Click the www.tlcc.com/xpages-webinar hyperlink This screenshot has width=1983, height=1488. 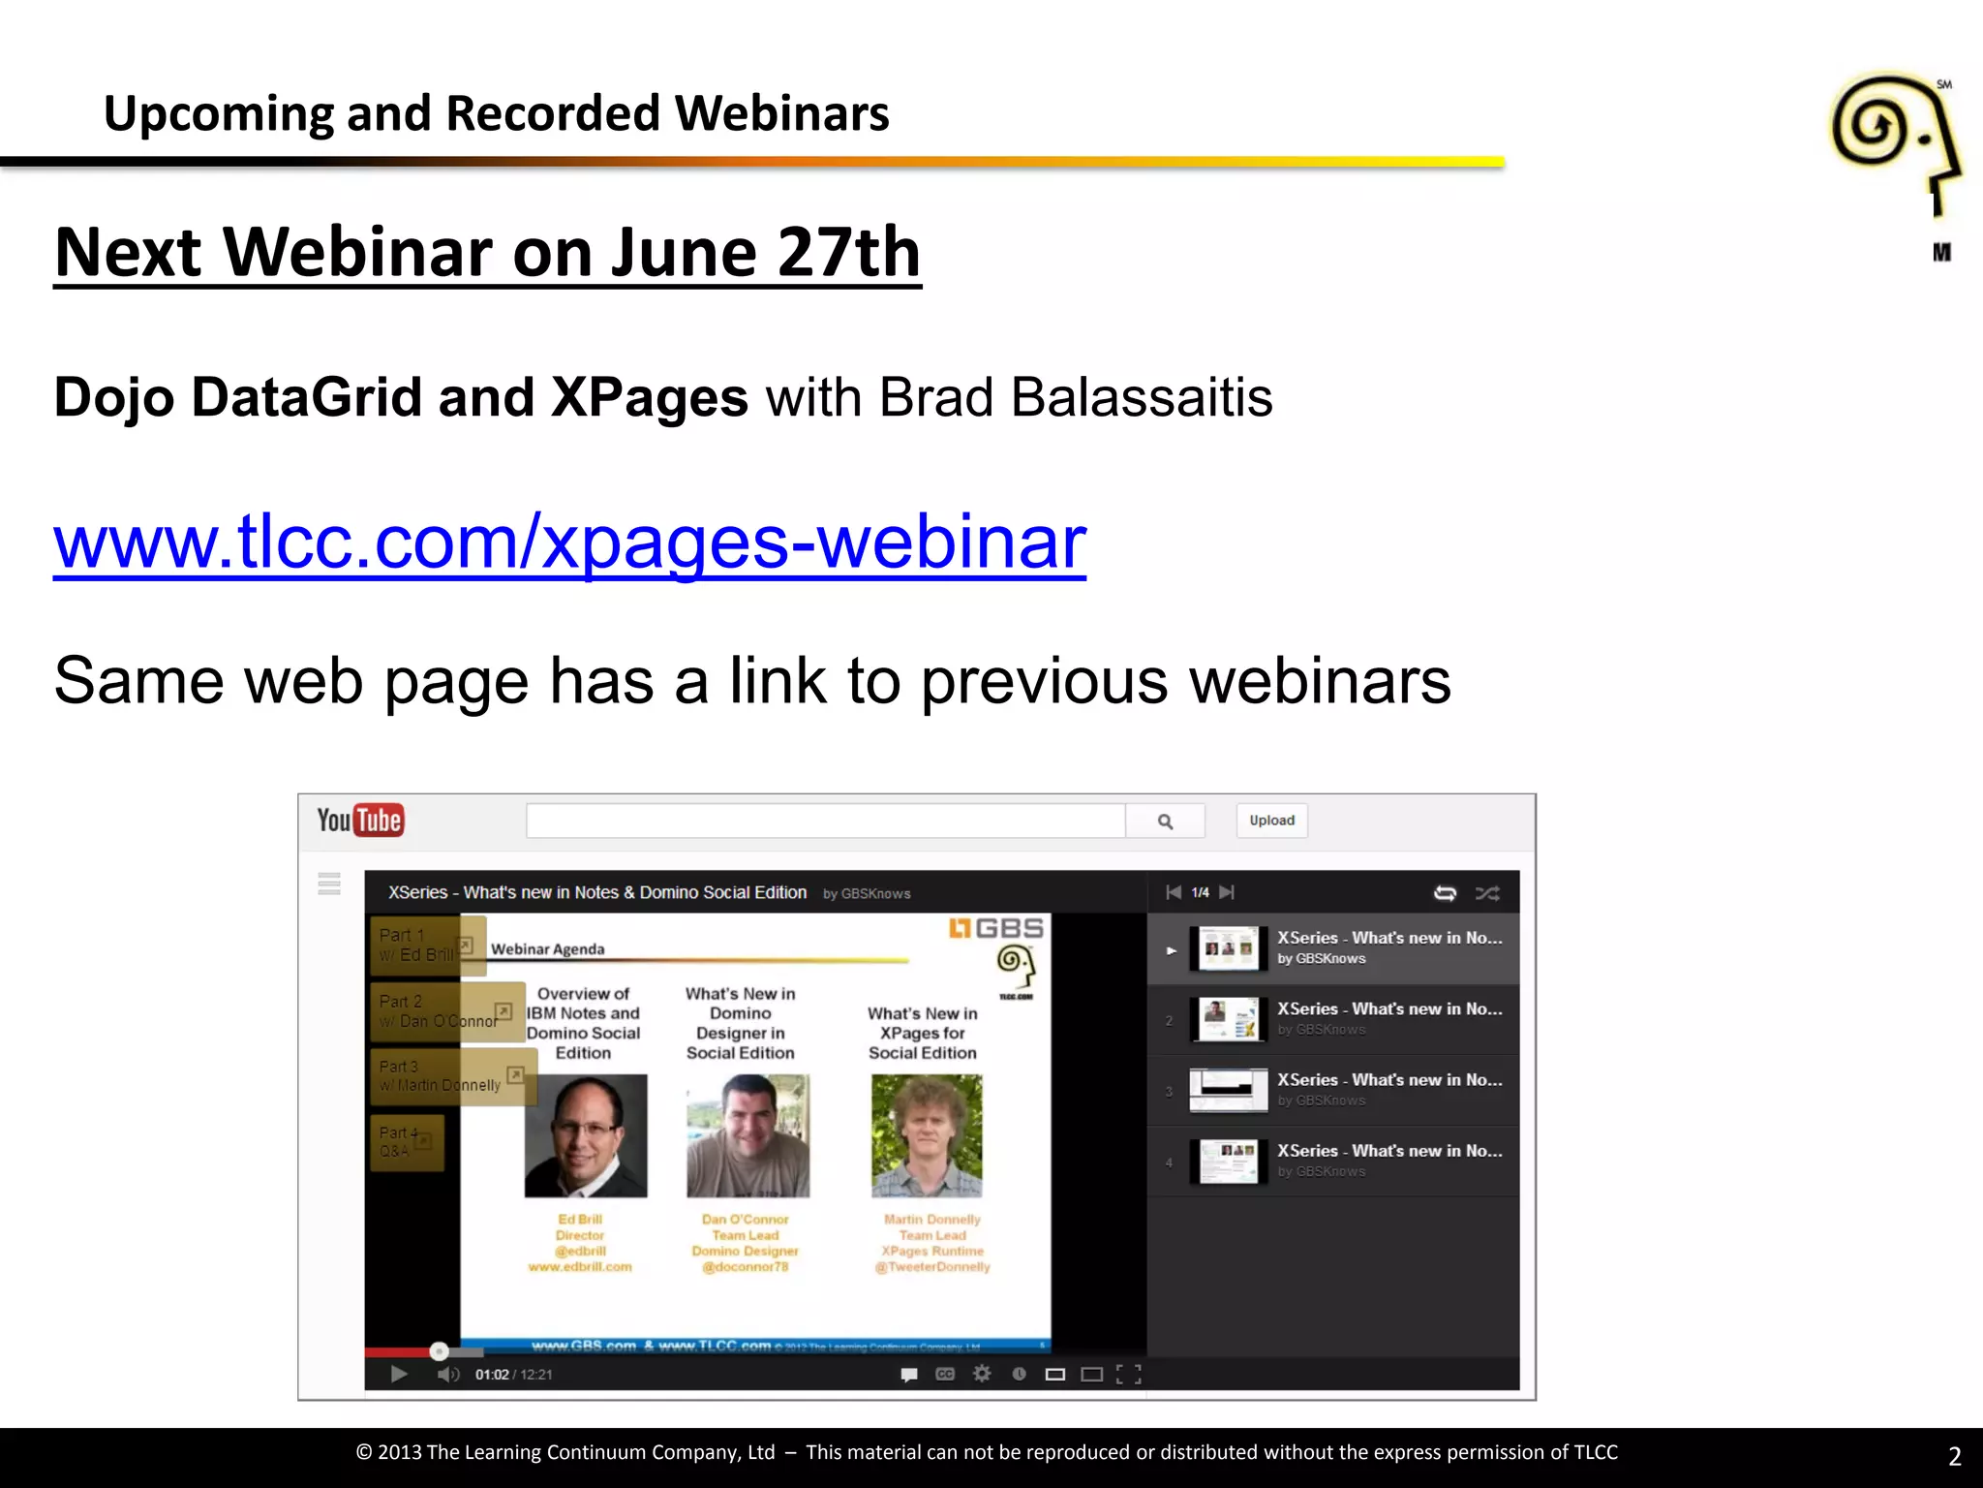569,542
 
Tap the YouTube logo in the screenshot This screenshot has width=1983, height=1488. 360,821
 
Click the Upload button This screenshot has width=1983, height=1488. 1271,821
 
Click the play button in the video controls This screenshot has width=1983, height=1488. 398,1374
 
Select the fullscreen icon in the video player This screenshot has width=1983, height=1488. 1128,1374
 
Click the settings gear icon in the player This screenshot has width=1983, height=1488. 982,1374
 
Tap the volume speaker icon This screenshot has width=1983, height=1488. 447,1374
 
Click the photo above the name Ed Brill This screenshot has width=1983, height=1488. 585,1135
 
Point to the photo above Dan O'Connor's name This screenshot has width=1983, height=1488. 747,1135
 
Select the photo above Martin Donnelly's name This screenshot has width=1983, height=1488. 927,1135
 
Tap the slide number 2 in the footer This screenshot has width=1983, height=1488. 1954,1456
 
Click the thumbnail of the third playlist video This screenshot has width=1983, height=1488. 1228,1090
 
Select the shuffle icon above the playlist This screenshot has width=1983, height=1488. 1487,893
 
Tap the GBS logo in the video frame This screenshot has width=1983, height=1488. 996,928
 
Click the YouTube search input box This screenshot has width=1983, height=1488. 825,821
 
